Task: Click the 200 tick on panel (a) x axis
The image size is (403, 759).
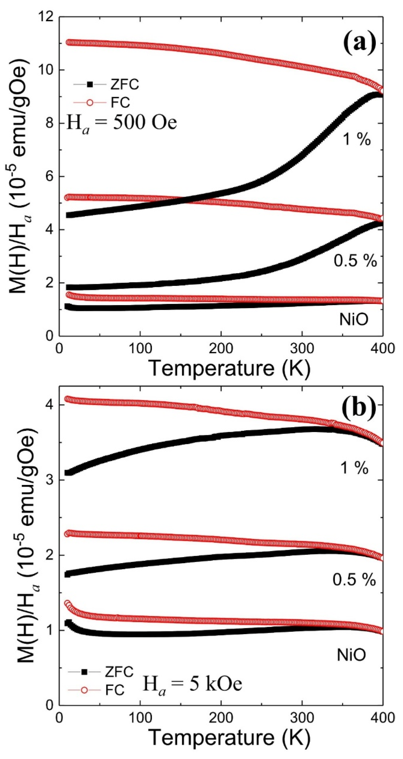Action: (x=221, y=348)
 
